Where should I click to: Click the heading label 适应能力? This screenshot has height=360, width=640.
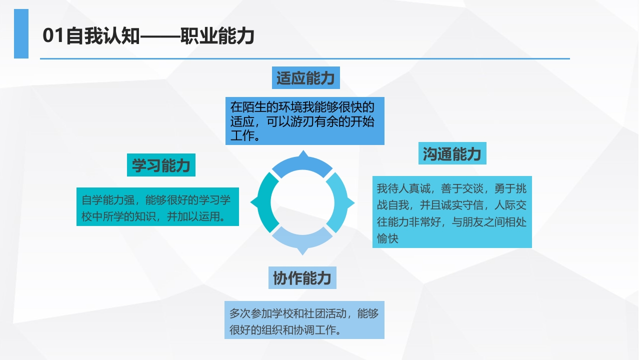click(305, 78)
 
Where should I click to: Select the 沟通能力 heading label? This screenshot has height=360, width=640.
click(452, 153)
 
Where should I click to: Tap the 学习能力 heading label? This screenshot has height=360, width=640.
click(161, 165)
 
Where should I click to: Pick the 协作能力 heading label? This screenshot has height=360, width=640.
click(302, 277)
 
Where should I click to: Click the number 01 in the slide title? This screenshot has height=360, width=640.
click(53, 35)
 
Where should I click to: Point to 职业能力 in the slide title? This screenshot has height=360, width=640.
click(217, 36)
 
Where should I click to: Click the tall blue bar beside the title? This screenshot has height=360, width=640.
click(21, 33)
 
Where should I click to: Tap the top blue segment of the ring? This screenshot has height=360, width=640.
click(302, 165)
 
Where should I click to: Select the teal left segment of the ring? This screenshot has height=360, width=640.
click(264, 202)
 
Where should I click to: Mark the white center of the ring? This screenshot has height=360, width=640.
click(302, 202)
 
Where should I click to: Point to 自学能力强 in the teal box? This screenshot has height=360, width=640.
click(108, 200)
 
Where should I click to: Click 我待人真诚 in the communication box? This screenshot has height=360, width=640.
click(403, 188)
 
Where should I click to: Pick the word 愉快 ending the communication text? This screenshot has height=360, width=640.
click(387, 238)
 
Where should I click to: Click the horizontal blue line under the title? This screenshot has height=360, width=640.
click(305, 58)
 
